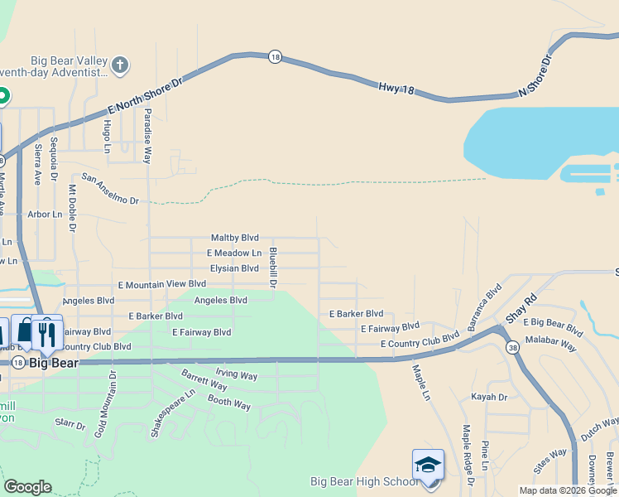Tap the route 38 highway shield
tap(513, 346)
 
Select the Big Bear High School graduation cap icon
tap(428, 465)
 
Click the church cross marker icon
tap(120, 64)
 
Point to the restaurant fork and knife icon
tap(47, 333)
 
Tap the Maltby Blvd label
tap(235, 238)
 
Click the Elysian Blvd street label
tap(234, 268)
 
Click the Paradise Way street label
tap(147, 135)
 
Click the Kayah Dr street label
tap(490, 398)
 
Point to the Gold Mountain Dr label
tap(112, 404)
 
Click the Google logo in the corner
tap(27, 487)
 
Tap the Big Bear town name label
tap(53, 363)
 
